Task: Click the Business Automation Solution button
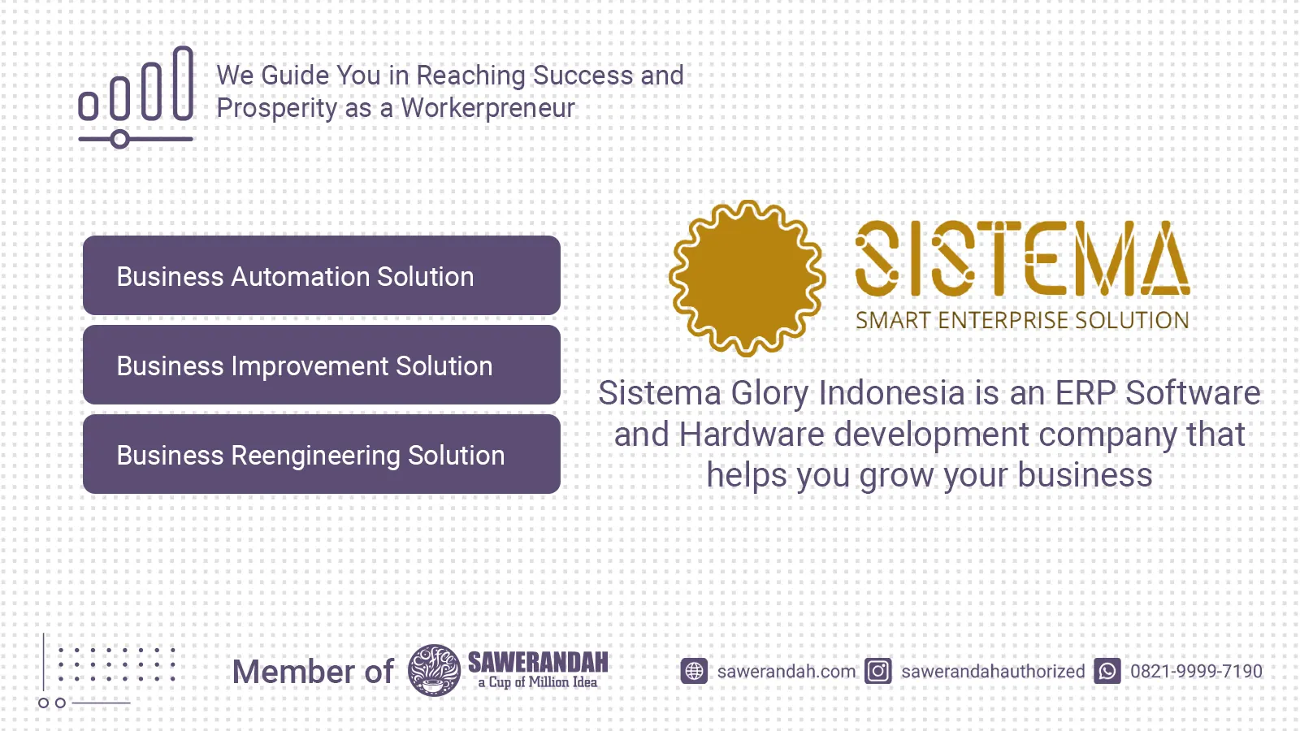click(322, 275)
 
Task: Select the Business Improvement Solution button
click(322, 365)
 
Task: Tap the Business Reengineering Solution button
click(322, 454)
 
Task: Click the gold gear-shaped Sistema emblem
click(747, 278)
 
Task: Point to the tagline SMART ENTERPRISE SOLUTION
click(1023, 320)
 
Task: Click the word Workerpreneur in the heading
click(488, 108)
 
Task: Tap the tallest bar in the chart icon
click(183, 84)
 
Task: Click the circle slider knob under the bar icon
click(120, 139)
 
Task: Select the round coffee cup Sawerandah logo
click(434, 670)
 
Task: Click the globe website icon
click(694, 671)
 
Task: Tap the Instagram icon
click(878, 671)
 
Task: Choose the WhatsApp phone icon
click(1107, 671)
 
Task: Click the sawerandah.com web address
click(786, 671)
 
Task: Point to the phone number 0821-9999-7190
click(1196, 671)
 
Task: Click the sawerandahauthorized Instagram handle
click(993, 671)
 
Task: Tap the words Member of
click(313, 672)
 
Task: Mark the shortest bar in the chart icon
click(89, 106)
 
